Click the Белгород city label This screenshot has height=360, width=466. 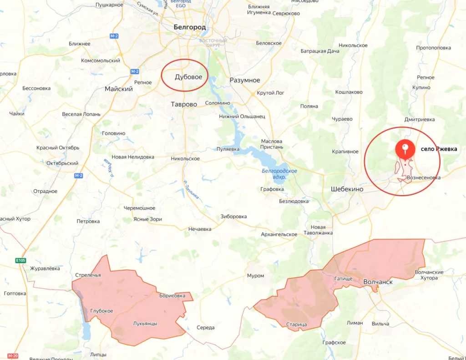point(190,27)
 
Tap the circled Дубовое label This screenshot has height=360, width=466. point(188,77)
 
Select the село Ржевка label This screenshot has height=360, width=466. point(439,149)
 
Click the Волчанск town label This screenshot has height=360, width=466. point(378,282)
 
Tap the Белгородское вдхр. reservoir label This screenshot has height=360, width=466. point(279,173)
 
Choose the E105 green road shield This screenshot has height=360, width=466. point(21,260)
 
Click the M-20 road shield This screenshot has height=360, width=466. point(13,355)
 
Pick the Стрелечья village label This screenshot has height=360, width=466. point(88,275)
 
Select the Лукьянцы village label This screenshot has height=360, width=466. point(145,324)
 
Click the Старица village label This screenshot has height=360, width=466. point(297,325)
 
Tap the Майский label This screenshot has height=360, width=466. point(119,89)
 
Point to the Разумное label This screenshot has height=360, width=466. point(245,81)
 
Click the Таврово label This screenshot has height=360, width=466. point(184,104)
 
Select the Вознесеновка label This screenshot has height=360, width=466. point(424,177)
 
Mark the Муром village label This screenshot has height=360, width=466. point(255,276)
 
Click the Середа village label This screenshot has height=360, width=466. point(205,328)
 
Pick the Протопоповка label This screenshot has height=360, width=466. point(433,48)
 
